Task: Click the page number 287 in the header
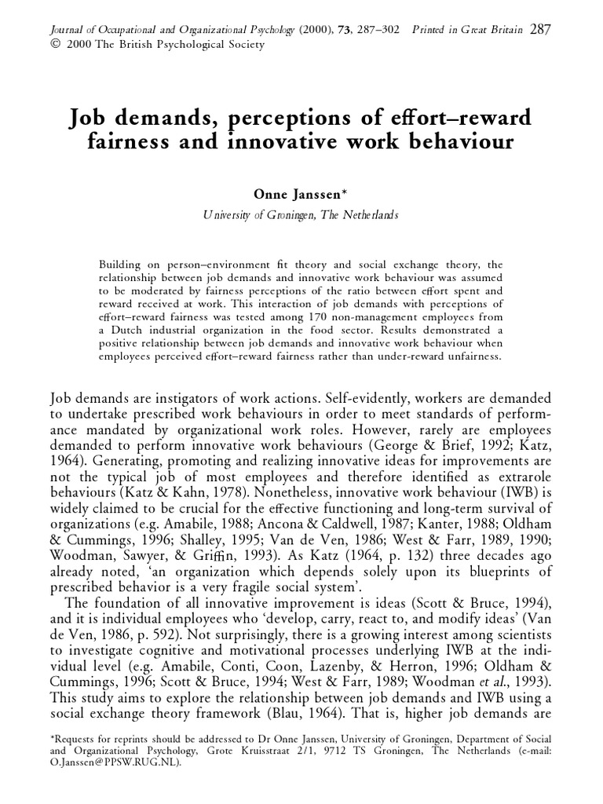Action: point(540,30)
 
